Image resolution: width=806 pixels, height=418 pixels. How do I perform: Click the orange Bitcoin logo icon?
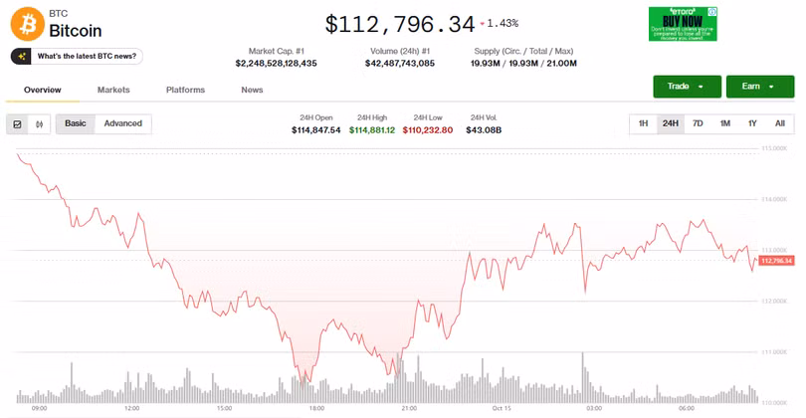click(27, 23)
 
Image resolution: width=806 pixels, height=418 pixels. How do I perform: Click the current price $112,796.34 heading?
click(399, 23)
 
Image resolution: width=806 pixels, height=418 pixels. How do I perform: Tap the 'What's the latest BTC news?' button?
click(77, 57)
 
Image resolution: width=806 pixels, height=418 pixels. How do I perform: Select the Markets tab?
click(113, 90)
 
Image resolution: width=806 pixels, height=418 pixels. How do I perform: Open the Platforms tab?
click(185, 90)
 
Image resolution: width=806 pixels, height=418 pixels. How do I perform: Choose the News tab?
click(252, 90)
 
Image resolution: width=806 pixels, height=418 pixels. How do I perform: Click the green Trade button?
click(687, 87)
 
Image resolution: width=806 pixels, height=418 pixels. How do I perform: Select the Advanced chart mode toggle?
click(123, 123)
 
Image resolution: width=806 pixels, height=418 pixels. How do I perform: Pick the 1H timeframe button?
click(643, 123)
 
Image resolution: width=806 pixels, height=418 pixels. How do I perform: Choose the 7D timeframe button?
click(698, 123)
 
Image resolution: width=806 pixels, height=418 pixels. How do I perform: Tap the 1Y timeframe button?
click(752, 123)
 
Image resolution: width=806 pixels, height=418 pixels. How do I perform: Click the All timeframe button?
click(779, 123)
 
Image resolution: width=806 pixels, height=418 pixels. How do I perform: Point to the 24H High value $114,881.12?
click(372, 130)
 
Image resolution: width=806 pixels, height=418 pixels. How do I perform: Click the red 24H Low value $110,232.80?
click(428, 130)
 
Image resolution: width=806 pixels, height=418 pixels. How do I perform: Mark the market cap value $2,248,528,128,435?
click(277, 64)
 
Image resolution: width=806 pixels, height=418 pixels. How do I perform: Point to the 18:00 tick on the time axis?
click(316, 408)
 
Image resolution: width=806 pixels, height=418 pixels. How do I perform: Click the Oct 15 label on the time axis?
click(501, 408)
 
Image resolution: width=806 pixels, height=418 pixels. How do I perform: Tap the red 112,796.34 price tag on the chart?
click(776, 261)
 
